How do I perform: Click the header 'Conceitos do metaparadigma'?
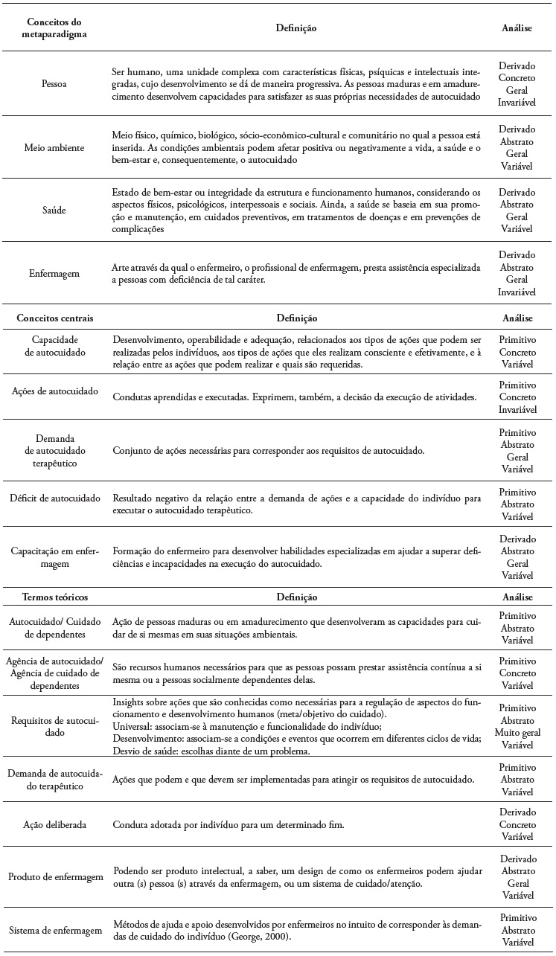tap(54, 28)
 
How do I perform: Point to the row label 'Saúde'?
tap(54, 211)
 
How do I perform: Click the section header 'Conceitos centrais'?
tap(54, 318)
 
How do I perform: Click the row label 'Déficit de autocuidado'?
tap(54, 498)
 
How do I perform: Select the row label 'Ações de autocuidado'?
tap(54, 391)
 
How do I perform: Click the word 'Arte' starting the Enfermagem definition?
tap(122, 266)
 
